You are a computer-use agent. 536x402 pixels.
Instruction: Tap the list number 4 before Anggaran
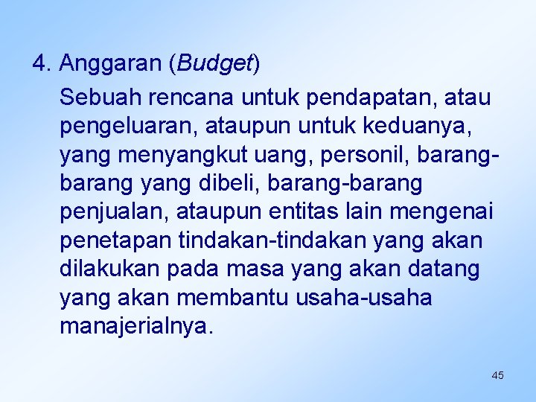point(40,64)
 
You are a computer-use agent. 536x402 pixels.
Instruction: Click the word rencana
point(188,98)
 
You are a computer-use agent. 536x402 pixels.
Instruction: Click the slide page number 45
point(497,375)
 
